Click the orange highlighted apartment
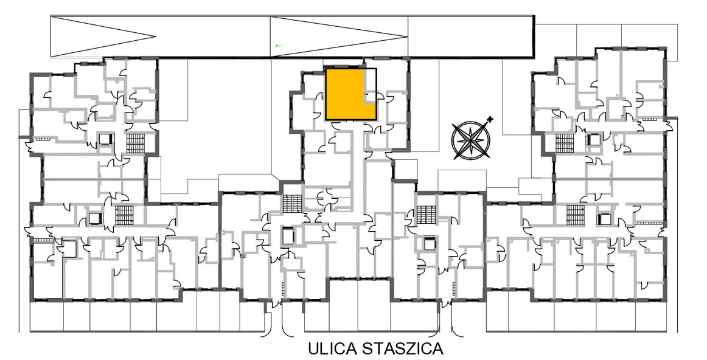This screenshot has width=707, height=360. coord(345,95)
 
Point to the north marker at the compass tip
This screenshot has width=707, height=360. coord(490,119)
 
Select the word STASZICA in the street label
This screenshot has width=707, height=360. coord(403,348)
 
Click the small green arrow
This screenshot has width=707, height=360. coord(278,46)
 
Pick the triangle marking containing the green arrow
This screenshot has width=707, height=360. coord(339,37)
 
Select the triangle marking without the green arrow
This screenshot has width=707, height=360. coord(103,36)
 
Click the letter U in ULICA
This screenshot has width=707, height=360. coord(313,348)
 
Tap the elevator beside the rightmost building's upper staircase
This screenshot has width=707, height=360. coord(593,140)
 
